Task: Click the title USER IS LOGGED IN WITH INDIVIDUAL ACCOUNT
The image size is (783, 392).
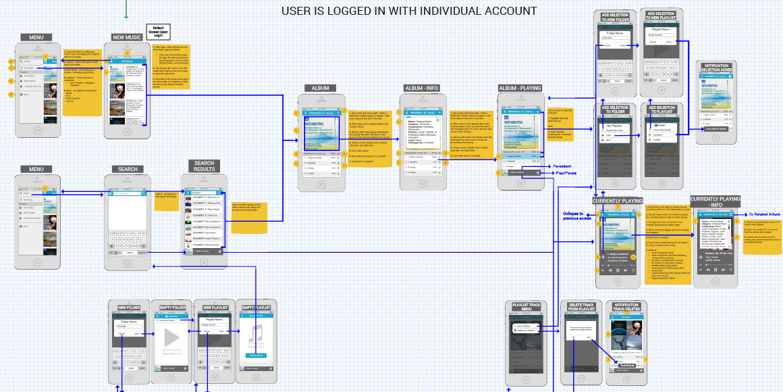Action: point(409,11)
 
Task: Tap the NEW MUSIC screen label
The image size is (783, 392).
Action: point(127,37)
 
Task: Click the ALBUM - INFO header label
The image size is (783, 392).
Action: point(422,89)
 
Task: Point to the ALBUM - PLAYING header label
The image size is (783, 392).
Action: point(520,89)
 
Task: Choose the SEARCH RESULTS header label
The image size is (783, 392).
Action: point(204,166)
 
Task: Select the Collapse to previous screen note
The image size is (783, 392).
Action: point(577,216)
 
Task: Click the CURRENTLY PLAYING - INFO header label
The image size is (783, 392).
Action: point(715,202)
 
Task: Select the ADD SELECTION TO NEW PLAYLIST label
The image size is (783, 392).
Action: point(661,16)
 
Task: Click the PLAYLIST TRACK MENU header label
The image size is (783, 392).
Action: point(526,308)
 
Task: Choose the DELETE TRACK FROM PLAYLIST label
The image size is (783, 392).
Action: point(581,308)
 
